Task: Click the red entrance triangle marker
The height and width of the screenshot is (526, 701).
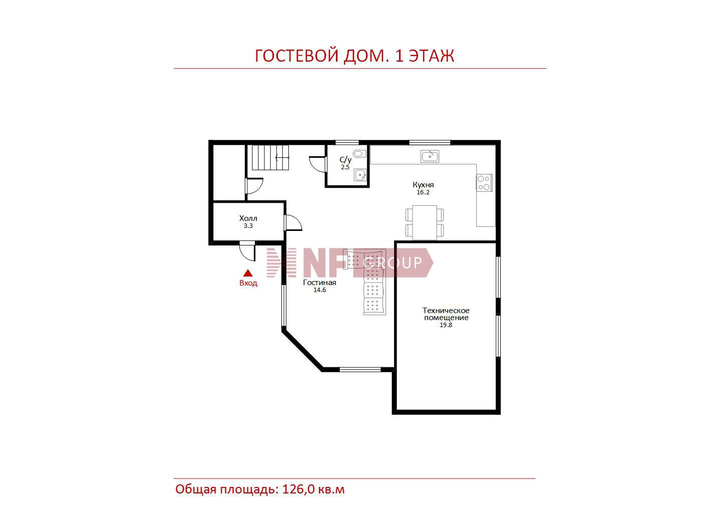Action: click(x=248, y=273)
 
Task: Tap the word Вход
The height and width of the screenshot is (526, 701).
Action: click(x=248, y=283)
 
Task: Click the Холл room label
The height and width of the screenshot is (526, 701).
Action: click(x=248, y=218)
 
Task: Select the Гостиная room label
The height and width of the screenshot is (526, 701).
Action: click(x=319, y=283)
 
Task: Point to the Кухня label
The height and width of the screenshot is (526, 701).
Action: click(x=423, y=184)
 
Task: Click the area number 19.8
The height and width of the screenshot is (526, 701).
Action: click(x=446, y=325)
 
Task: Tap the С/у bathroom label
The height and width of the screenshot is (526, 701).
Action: click(x=345, y=160)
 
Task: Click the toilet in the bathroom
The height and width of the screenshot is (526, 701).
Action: click(x=360, y=154)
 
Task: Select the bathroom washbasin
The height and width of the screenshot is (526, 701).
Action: click(x=360, y=175)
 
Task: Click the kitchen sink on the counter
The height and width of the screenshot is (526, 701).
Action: click(x=430, y=156)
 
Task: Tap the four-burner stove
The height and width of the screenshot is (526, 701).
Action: click(x=484, y=183)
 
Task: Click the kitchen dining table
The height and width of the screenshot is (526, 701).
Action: click(x=425, y=222)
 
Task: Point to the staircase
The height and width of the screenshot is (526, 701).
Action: click(x=270, y=157)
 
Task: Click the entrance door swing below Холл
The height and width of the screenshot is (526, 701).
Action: click(x=247, y=250)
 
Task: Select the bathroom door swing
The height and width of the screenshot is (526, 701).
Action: click(x=317, y=164)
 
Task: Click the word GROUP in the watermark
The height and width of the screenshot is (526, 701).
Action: click(x=393, y=262)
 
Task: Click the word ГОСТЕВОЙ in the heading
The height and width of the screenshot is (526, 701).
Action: click(x=296, y=56)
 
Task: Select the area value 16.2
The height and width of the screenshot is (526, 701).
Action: click(x=423, y=192)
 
